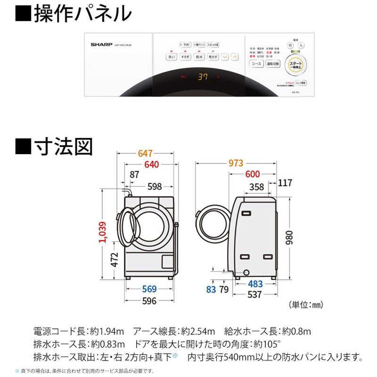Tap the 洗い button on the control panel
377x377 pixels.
click(171, 57)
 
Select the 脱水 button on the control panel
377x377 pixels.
click(198, 57)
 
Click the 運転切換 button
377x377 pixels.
click(272, 63)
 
